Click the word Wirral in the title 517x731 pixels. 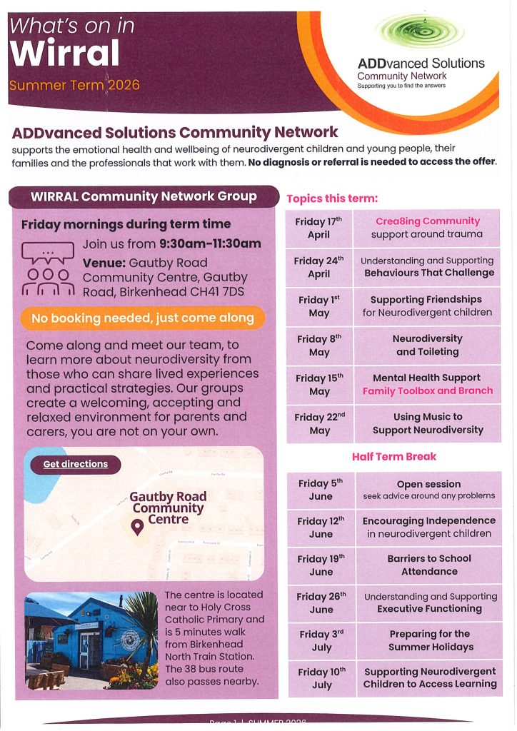coord(65,54)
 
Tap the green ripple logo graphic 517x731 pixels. coord(419,31)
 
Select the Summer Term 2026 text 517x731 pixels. coord(74,86)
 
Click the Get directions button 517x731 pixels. coord(75,464)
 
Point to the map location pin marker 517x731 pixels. coord(137,527)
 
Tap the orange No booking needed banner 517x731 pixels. coord(143,318)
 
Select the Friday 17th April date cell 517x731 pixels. coord(319,228)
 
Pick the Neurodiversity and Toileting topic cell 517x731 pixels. coord(427,345)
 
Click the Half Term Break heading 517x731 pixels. coord(394,456)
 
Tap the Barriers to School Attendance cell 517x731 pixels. coord(428,565)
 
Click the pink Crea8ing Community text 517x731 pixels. coord(428,221)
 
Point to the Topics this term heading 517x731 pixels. coord(332,198)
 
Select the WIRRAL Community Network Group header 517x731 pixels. coord(144,196)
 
